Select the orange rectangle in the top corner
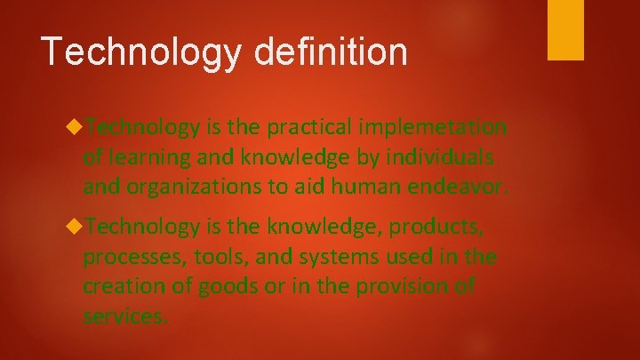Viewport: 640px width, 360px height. point(565,30)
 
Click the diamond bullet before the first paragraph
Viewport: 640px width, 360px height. point(75,128)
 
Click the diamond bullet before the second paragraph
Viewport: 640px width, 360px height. point(75,228)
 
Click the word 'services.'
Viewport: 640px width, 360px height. point(124,316)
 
